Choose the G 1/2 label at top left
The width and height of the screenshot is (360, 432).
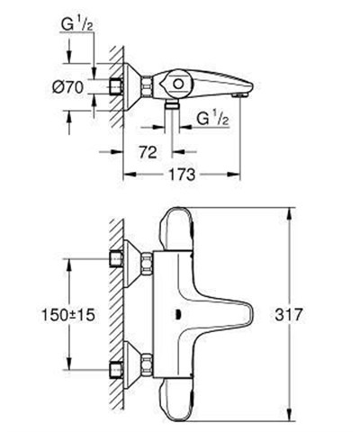pos(85,27)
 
